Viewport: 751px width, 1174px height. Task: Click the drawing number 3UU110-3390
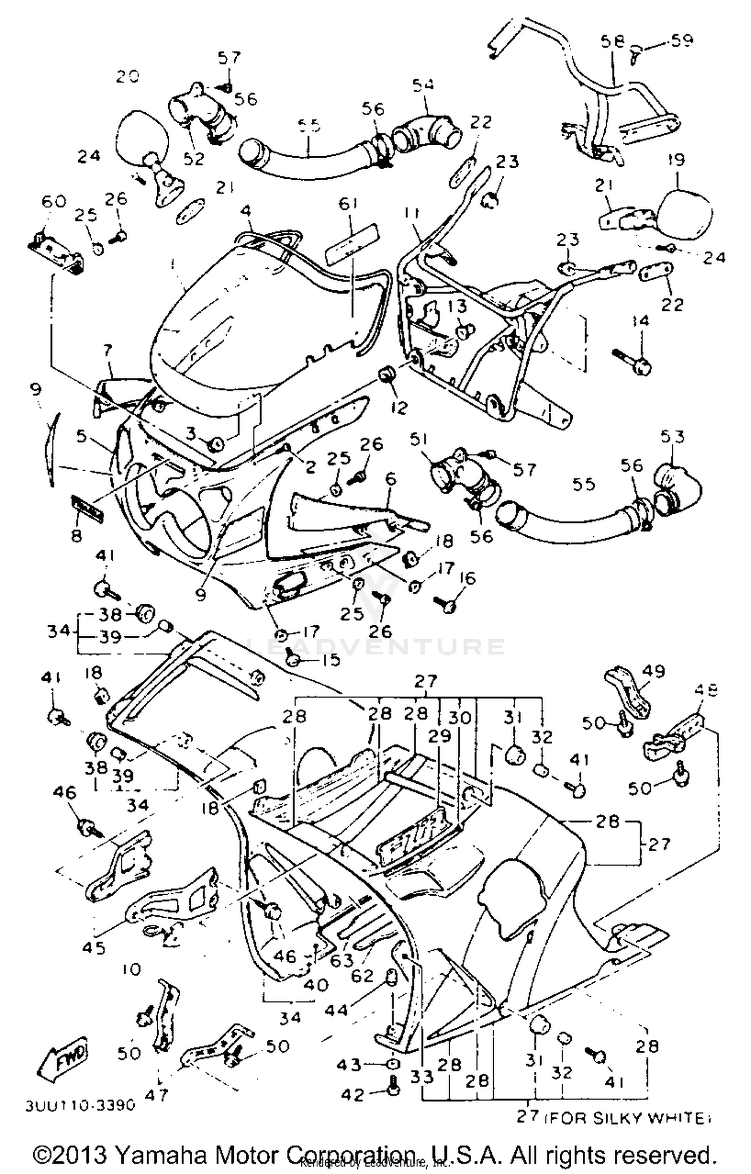click(x=81, y=1104)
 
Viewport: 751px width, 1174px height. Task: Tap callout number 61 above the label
click(x=348, y=204)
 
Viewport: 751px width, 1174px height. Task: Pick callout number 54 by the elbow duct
click(x=423, y=85)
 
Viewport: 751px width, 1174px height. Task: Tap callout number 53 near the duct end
click(x=672, y=437)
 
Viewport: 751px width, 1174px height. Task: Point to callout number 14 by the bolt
click(x=640, y=320)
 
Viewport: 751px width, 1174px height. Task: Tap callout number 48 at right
click(x=706, y=690)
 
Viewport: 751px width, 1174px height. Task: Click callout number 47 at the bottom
click(x=156, y=1094)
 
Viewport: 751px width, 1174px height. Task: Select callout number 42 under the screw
click(x=352, y=1094)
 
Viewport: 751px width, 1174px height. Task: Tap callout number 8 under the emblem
click(x=76, y=536)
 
